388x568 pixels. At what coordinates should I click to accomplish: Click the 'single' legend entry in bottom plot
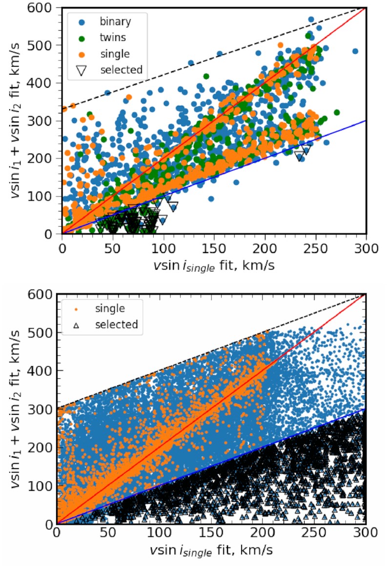click(x=111, y=308)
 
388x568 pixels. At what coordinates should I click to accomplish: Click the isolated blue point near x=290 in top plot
click(x=355, y=51)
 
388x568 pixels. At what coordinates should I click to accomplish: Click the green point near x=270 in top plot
click(x=336, y=113)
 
